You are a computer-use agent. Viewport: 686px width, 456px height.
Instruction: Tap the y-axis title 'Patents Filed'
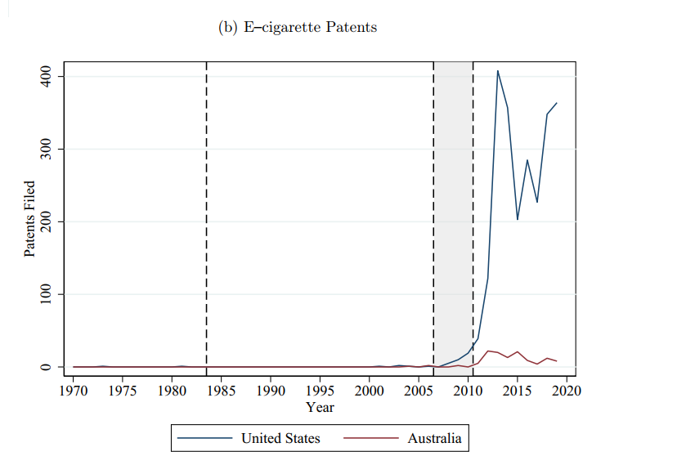pos(29,219)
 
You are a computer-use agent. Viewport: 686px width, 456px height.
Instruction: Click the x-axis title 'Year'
pos(320,407)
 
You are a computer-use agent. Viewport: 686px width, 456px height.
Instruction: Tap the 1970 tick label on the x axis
pos(74,390)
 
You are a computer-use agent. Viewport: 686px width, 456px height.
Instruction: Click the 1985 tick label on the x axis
pos(222,390)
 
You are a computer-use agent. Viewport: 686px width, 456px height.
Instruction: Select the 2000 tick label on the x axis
pos(370,390)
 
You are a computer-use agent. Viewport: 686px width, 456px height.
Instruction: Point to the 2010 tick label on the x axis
pos(469,390)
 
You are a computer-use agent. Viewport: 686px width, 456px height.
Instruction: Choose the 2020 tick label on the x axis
pos(567,390)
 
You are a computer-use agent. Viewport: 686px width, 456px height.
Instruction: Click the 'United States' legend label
pos(280,439)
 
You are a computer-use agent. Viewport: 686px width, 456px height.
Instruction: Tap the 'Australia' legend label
pos(434,439)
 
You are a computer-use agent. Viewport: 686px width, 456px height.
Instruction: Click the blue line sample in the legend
pos(205,439)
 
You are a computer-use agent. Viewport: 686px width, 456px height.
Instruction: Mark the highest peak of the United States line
pos(497,71)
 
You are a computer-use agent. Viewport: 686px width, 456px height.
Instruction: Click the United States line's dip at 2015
pos(518,219)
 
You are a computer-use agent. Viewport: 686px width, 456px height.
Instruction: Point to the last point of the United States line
pos(557,103)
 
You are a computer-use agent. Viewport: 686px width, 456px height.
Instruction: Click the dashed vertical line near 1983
pos(206,212)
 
